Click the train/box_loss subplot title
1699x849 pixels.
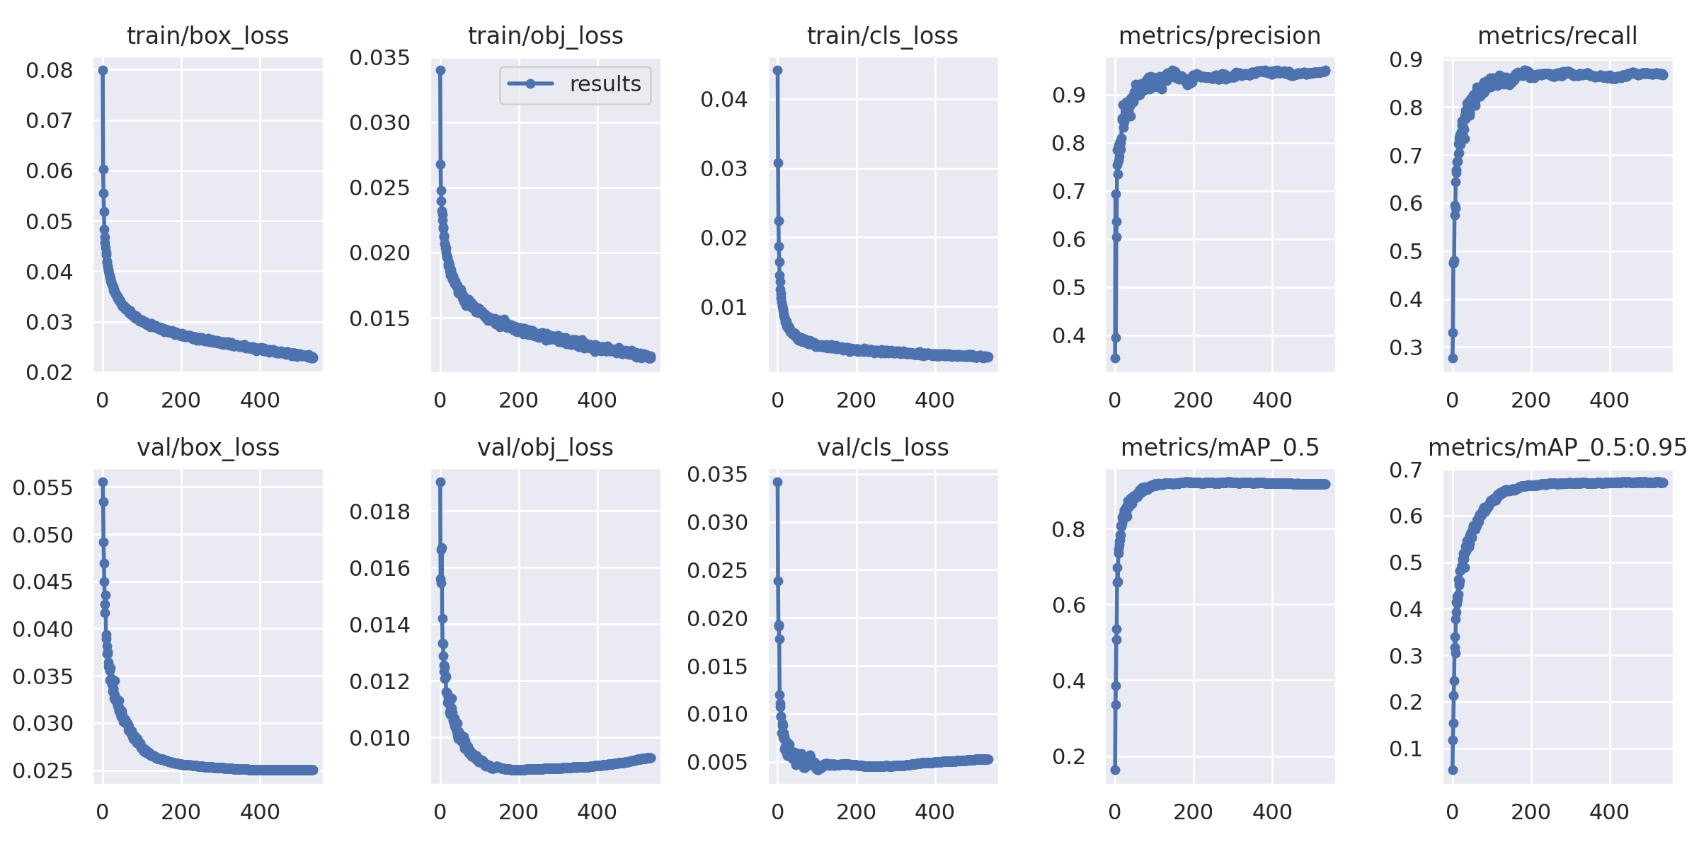(x=207, y=35)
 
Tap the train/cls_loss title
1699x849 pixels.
(x=882, y=35)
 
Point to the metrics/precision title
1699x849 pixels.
(x=1219, y=35)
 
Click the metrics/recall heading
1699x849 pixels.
(x=1557, y=35)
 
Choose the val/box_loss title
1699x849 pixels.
(x=207, y=447)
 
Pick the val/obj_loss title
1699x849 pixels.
(x=545, y=447)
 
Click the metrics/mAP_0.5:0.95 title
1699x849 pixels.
(x=1557, y=447)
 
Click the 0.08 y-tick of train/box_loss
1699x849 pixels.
(x=50, y=70)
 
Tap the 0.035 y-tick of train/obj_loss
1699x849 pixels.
(x=379, y=58)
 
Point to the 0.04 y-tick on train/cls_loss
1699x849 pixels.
(x=723, y=99)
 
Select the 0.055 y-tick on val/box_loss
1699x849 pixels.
(x=42, y=487)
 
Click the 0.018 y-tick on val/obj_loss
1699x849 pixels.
(x=379, y=512)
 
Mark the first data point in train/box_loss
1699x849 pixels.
(x=103, y=70)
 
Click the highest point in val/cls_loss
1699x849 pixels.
(x=777, y=482)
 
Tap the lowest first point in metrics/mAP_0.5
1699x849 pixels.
(x=1115, y=770)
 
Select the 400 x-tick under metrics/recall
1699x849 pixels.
(x=1609, y=400)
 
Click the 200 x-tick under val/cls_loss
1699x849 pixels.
(x=856, y=812)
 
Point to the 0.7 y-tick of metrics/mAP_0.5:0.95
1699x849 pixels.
(x=1405, y=470)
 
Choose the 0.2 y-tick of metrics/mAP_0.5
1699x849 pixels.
(x=1068, y=756)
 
